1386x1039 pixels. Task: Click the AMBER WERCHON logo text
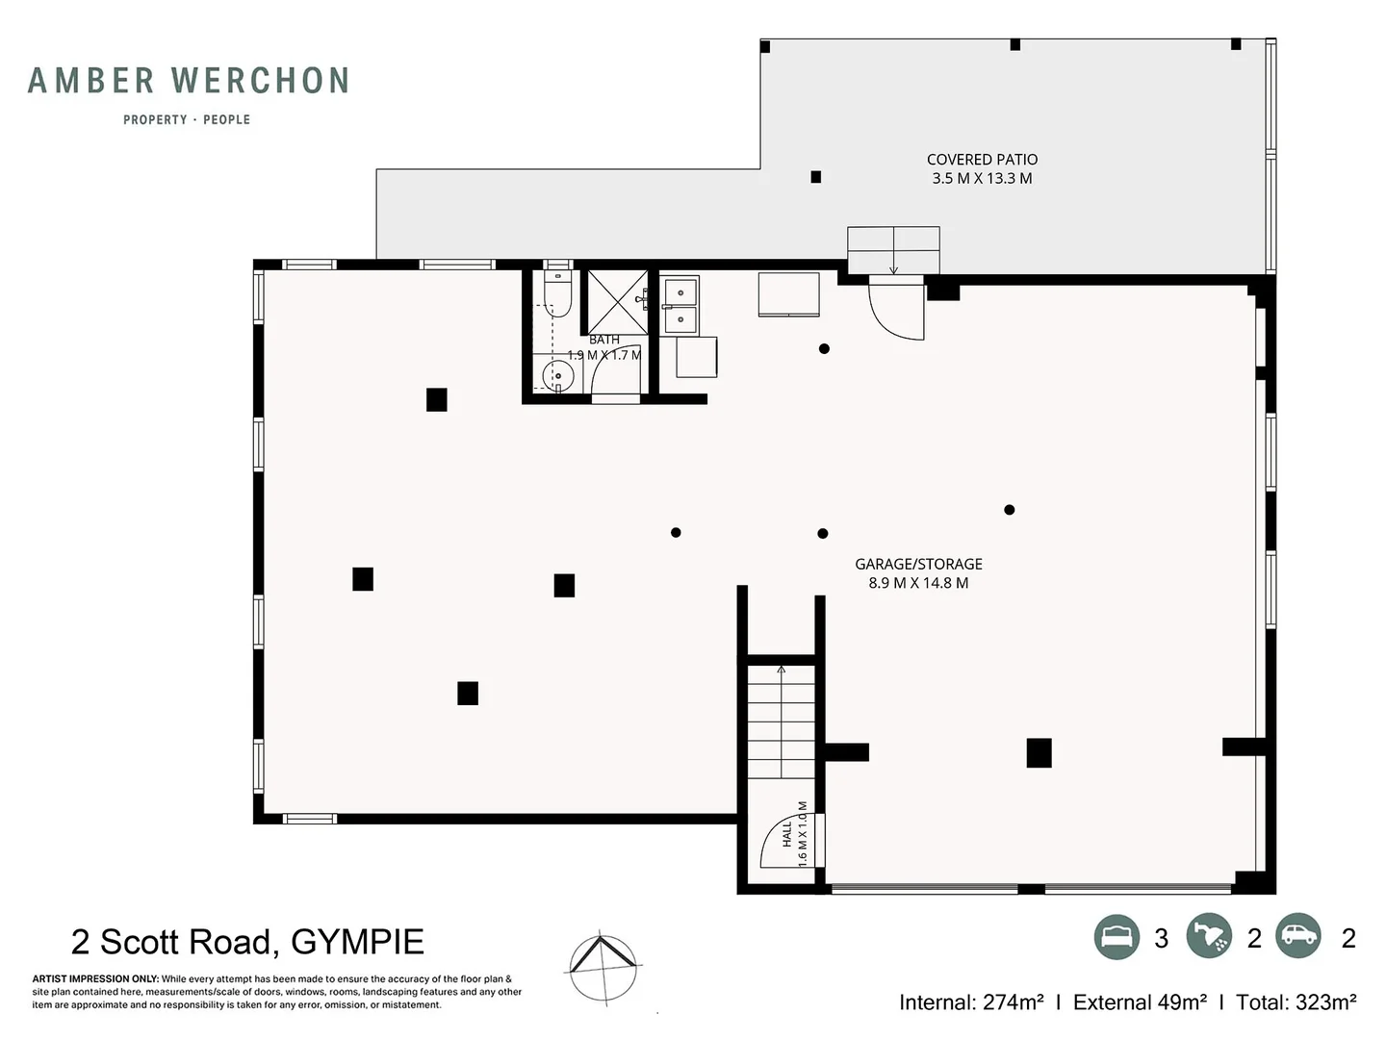(188, 81)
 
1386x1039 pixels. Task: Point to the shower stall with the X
(618, 302)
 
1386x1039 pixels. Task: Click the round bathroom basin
(558, 376)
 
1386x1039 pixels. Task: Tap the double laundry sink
(680, 305)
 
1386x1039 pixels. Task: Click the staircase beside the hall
(782, 722)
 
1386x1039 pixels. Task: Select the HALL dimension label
(795, 834)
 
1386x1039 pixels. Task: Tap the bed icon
(1116, 937)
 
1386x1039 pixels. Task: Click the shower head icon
(1209, 936)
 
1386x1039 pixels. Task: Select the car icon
(1297, 936)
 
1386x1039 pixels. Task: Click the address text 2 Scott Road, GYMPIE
(247, 943)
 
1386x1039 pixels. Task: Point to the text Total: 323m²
(1296, 1001)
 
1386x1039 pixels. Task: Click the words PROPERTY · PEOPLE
(187, 119)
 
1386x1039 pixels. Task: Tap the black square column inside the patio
(816, 177)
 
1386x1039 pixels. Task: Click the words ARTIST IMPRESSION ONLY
(94, 979)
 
